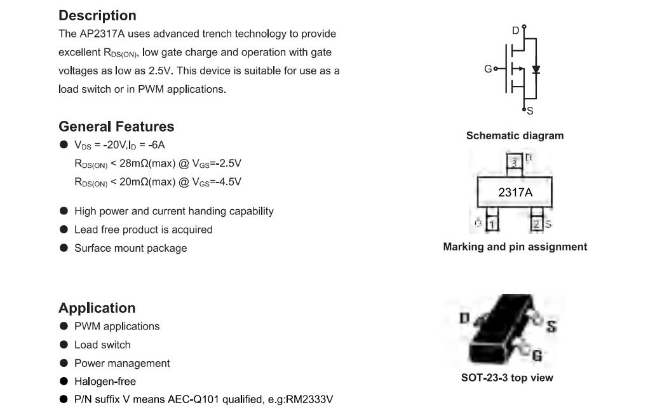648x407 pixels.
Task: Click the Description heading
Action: tap(97, 15)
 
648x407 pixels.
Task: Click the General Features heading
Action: tap(116, 126)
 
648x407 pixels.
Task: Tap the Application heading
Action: tap(97, 308)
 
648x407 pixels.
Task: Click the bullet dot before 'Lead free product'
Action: tap(64, 229)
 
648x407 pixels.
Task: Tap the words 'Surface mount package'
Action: tap(131, 248)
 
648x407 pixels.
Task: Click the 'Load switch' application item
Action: tap(102, 345)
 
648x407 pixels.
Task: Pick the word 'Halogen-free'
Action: tap(105, 382)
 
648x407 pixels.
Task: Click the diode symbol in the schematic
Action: tap(536, 69)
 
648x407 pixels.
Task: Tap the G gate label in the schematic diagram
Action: tap(488, 69)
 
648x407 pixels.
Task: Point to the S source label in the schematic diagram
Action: tap(530, 111)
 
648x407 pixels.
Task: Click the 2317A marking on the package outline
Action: tap(515, 192)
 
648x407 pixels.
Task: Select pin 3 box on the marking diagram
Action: tap(514, 162)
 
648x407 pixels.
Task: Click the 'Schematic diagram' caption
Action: tap(515, 135)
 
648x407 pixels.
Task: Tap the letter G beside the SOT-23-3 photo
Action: tap(537, 355)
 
